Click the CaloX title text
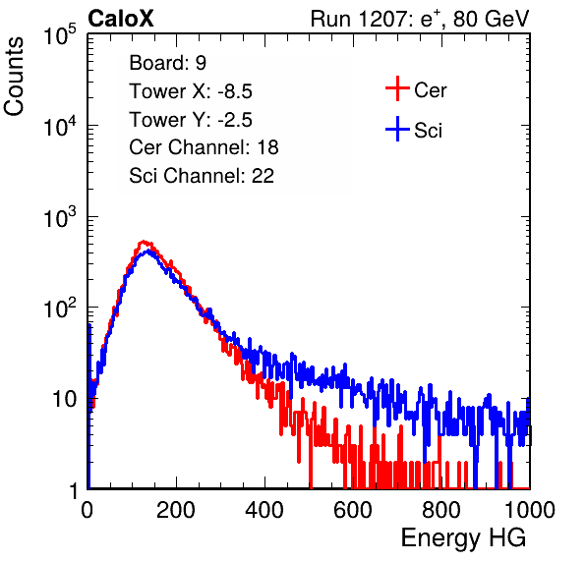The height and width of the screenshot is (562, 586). [x=120, y=19]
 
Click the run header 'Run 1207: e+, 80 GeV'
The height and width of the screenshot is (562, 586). [x=420, y=19]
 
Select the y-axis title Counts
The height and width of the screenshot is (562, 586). [x=14, y=77]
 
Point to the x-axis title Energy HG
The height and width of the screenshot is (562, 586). [x=463, y=538]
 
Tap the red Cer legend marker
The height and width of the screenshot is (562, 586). [x=397, y=88]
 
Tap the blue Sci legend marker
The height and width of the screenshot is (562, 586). [x=397, y=129]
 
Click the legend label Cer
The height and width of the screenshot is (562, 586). [x=430, y=90]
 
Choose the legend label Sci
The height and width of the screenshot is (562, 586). [x=429, y=131]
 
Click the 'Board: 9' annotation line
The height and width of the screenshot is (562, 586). [x=167, y=63]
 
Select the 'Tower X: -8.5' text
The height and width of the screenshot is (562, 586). [x=191, y=91]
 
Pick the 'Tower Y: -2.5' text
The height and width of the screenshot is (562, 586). [x=191, y=120]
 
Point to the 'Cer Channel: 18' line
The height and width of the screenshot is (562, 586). [x=204, y=147]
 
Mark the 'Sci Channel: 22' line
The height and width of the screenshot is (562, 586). [x=202, y=176]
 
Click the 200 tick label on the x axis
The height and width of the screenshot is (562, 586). [x=176, y=510]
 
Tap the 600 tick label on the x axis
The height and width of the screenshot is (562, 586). [x=353, y=510]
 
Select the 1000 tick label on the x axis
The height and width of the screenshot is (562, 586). [x=530, y=510]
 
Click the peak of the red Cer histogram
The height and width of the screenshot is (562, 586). [x=144, y=242]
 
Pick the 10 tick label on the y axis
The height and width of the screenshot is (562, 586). [x=64, y=399]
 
